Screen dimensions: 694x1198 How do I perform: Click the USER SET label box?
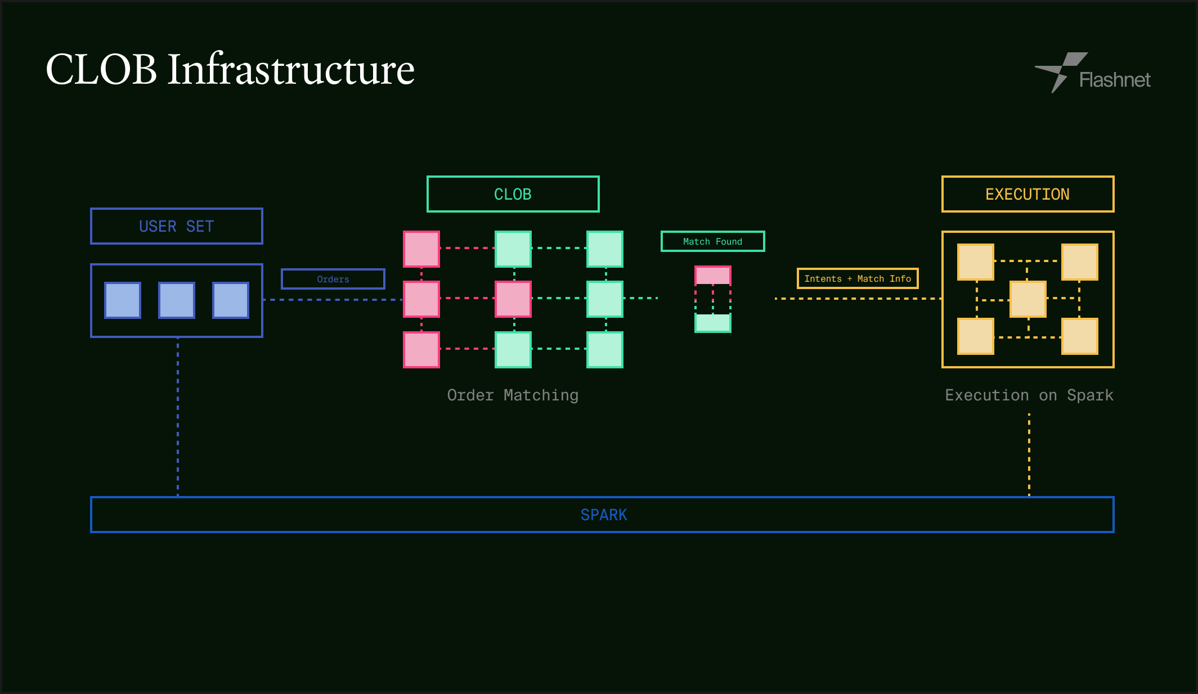[x=176, y=226]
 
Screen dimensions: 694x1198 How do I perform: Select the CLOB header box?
[x=513, y=194]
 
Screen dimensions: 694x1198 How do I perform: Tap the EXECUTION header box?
[x=1028, y=194]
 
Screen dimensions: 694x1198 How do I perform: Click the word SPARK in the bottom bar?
[x=603, y=515]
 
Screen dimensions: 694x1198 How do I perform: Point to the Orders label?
[x=333, y=279]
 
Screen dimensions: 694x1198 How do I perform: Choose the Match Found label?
[x=712, y=241]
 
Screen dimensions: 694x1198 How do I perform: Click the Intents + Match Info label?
[x=857, y=278]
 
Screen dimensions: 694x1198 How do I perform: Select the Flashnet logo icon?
[x=1060, y=72]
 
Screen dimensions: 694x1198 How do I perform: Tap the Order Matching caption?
[x=513, y=395]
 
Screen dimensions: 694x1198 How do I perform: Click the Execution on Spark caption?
[x=1029, y=395]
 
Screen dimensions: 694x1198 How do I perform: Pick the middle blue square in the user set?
[x=176, y=300]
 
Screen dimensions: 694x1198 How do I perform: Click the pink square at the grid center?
[x=513, y=299]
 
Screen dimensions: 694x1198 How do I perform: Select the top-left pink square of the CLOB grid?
[x=421, y=249]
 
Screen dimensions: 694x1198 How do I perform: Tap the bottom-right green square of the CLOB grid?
[x=604, y=349]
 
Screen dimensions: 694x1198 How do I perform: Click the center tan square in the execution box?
[x=1028, y=299]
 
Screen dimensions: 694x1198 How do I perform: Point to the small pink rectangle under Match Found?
[x=712, y=275]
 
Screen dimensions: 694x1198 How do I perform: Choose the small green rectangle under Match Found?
[x=712, y=323]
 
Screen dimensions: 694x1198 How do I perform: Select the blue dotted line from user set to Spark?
[x=178, y=416]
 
